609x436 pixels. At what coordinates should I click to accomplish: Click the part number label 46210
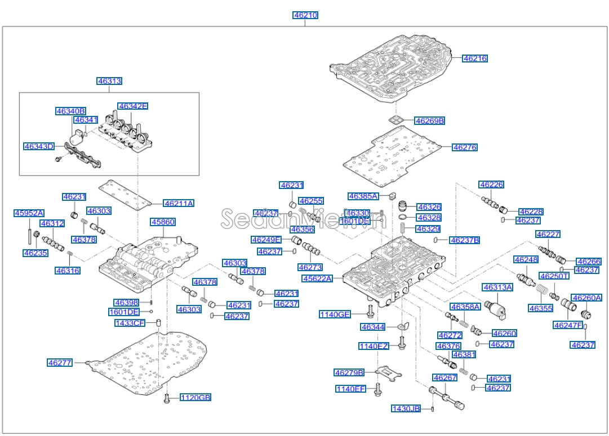(305, 15)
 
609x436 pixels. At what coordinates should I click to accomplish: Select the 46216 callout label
(475, 58)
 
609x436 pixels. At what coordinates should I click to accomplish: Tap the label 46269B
(430, 120)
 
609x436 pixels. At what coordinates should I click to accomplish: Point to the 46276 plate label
(465, 147)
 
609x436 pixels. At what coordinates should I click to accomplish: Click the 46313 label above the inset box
(109, 81)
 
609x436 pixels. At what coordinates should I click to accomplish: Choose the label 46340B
(70, 111)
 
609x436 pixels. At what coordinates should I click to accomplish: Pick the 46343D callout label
(39, 146)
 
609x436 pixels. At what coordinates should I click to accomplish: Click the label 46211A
(179, 203)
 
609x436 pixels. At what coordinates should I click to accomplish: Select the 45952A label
(29, 213)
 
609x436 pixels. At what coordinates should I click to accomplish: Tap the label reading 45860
(163, 222)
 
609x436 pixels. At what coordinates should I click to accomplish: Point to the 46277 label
(60, 363)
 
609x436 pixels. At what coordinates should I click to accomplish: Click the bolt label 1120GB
(195, 398)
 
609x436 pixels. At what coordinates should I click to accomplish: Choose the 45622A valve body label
(317, 278)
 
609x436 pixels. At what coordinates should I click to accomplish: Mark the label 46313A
(497, 287)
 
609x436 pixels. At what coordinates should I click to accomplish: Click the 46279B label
(349, 372)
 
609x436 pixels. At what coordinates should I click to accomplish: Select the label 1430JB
(406, 408)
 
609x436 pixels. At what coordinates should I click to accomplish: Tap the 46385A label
(363, 196)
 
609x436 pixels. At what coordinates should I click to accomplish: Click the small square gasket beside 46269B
(398, 119)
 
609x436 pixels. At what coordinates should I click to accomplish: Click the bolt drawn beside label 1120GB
(167, 399)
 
